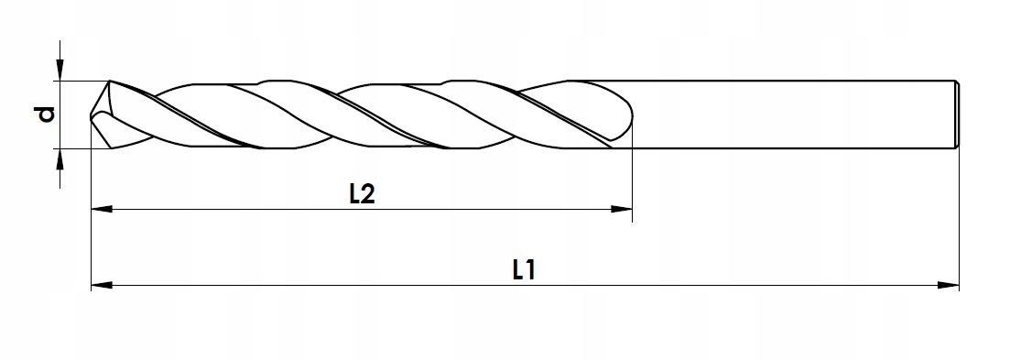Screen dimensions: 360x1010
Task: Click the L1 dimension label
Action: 524,270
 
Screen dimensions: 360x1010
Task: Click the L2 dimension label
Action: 364,194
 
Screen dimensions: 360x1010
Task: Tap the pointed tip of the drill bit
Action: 92,116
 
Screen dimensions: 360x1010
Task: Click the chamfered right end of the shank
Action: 956,114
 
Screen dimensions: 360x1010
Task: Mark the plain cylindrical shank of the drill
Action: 787,114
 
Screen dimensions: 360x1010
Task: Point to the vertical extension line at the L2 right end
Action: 633,183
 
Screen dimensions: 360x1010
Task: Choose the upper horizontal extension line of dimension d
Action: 78,81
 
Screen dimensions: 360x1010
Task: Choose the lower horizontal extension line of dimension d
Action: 78,147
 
